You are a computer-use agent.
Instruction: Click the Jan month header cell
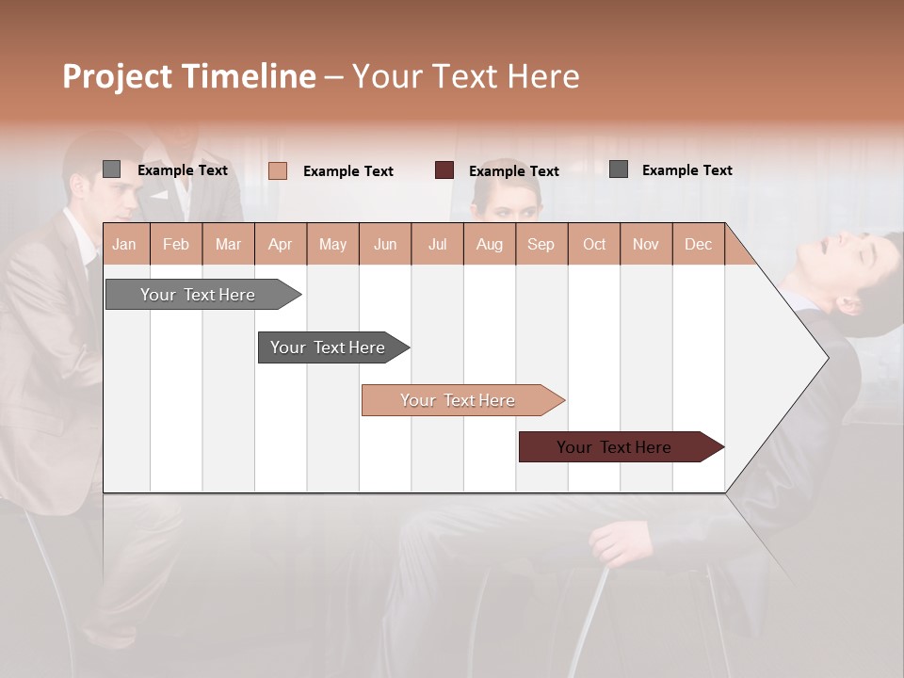click(x=124, y=245)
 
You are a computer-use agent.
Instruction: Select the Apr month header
click(x=280, y=245)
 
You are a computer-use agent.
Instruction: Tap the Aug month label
click(x=489, y=245)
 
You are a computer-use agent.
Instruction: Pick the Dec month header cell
click(x=698, y=245)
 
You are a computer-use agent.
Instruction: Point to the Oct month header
click(x=593, y=245)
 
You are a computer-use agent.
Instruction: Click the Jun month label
click(x=384, y=245)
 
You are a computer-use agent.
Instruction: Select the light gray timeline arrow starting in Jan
click(x=198, y=295)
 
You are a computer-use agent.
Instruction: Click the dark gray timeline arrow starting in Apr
click(x=328, y=347)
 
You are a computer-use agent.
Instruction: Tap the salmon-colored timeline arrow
click(x=458, y=400)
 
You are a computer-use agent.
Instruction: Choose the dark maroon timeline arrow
click(x=614, y=447)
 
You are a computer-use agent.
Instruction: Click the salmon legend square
click(x=277, y=170)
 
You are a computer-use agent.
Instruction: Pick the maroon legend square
click(x=444, y=169)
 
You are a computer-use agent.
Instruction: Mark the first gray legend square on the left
click(x=111, y=169)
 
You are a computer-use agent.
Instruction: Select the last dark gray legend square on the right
click(x=618, y=169)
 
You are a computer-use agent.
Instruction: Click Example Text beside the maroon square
click(x=513, y=170)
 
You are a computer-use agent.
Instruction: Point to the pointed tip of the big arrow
click(x=827, y=357)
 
